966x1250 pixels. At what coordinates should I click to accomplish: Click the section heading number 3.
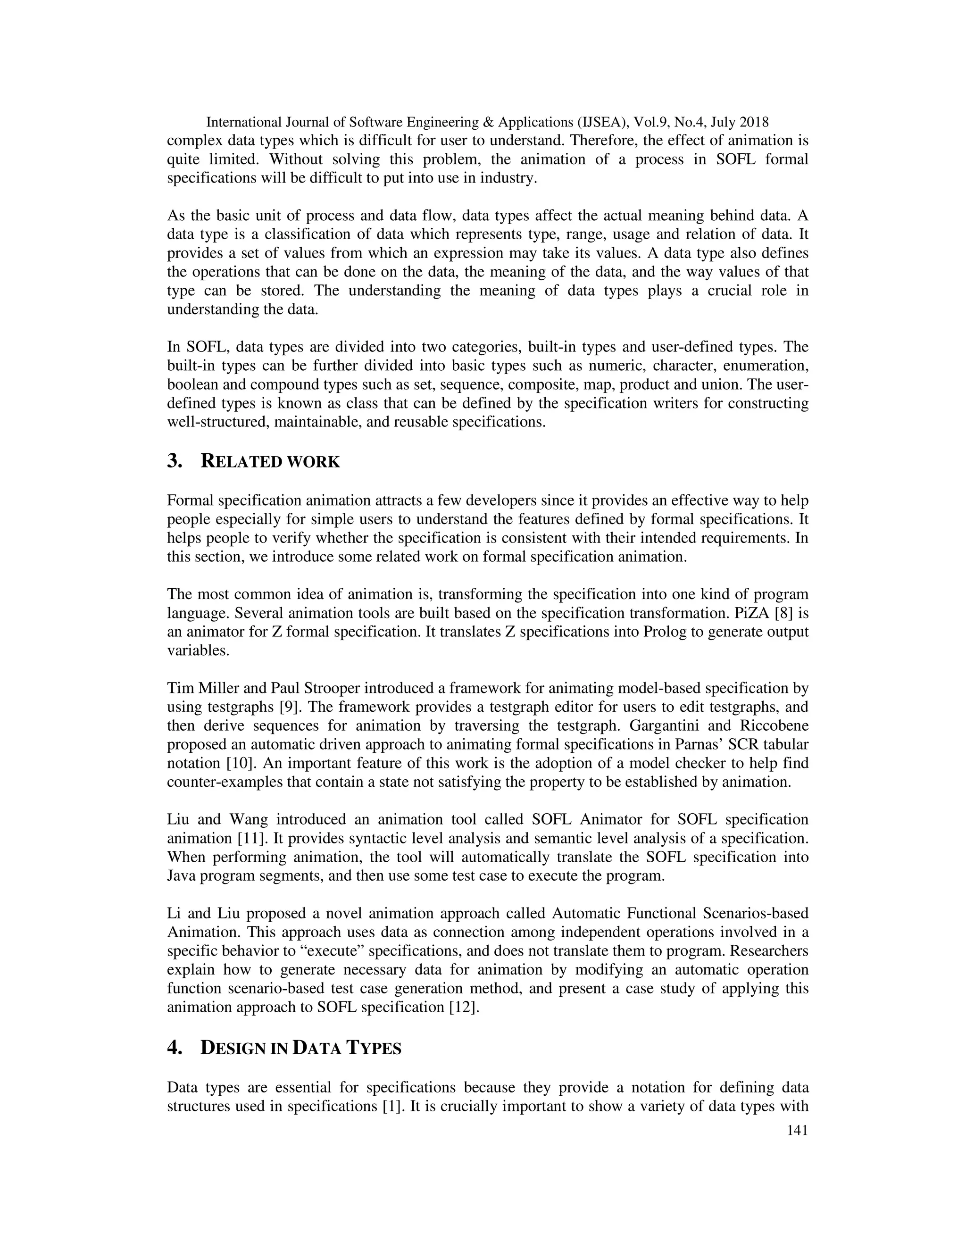175,461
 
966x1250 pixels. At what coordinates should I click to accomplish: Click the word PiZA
751,613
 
